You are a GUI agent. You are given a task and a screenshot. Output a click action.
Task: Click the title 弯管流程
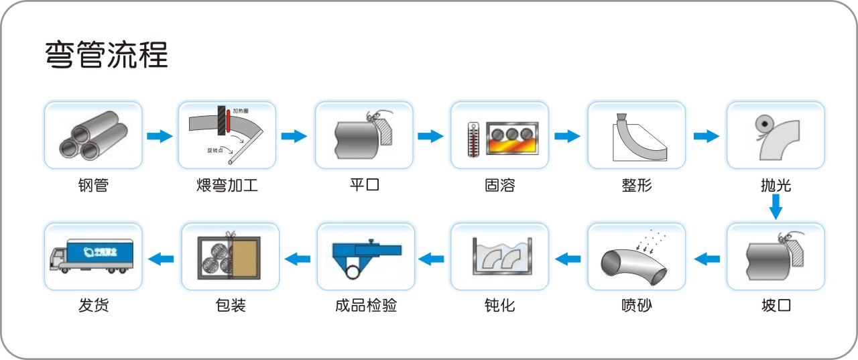point(106,55)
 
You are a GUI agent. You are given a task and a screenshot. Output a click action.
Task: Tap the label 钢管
point(93,185)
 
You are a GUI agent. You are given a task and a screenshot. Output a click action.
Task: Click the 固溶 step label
point(499,185)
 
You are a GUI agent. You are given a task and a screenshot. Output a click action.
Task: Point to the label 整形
point(636,185)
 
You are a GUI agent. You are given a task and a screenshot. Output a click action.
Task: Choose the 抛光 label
point(776,185)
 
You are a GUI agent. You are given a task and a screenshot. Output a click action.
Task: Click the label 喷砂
point(636,306)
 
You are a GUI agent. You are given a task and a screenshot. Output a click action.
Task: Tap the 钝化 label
point(499,306)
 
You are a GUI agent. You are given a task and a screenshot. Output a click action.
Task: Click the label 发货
point(93,306)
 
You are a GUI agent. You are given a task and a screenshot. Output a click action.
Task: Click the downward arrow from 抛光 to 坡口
point(776,206)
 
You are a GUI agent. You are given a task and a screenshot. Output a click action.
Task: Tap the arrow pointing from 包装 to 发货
point(161,257)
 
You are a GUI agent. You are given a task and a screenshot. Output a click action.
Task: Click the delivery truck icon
point(91,257)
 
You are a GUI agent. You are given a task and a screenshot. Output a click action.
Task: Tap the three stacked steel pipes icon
point(93,136)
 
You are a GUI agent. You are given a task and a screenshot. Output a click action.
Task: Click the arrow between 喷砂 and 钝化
point(568,257)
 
